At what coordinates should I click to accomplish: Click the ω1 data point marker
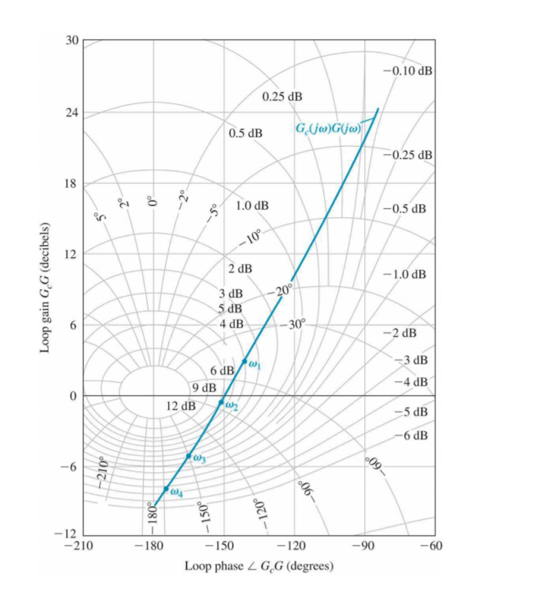tap(244, 361)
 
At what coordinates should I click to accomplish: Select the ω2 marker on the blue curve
tap(221, 402)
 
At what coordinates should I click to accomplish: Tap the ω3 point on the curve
tap(189, 456)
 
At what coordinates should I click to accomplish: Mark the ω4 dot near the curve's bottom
tap(166, 489)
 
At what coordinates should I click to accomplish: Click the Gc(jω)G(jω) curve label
tap(328, 129)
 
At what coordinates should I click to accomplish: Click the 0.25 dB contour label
tap(282, 96)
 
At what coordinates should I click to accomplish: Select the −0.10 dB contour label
tap(408, 71)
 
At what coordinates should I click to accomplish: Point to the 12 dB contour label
tap(181, 406)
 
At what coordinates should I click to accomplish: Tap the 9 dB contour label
tap(204, 388)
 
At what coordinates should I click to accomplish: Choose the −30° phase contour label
tap(292, 325)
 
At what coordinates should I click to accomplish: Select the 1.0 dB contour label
tap(252, 206)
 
